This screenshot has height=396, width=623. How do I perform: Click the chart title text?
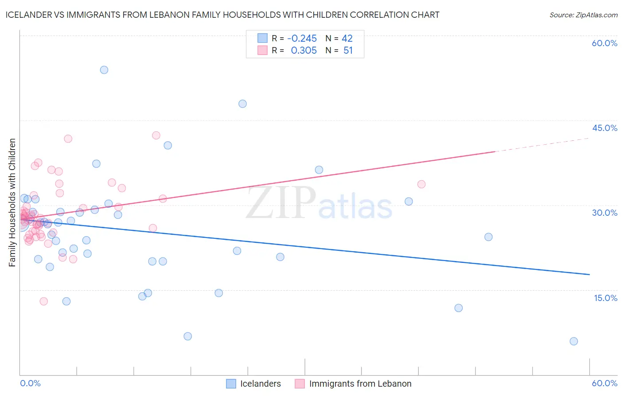click(222, 15)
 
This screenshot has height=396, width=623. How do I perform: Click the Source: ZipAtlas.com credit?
click(583, 15)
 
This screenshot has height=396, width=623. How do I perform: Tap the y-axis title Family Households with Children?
click(12, 202)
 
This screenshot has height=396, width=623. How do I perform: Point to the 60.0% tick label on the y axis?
click(604, 43)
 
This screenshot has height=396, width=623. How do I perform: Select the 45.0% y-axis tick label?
click(604, 128)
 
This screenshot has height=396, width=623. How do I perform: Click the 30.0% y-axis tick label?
click(604, 213)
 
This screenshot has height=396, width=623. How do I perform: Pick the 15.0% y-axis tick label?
click(605, 298)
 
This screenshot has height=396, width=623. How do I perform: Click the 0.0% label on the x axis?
click(30, 383)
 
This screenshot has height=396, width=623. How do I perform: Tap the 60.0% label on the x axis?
click(604, 383)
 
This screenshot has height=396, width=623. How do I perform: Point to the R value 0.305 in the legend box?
click(304, 51)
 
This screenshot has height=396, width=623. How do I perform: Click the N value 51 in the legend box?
click(348, 51)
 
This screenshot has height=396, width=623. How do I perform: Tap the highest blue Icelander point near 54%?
click(104, 70)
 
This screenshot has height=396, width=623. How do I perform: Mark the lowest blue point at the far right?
click(573, 341)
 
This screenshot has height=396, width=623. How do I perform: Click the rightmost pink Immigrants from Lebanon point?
click(421, 184)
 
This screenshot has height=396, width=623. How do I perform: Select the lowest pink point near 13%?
click(43, 301)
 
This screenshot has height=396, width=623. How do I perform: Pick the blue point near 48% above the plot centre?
click(242, 104)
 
